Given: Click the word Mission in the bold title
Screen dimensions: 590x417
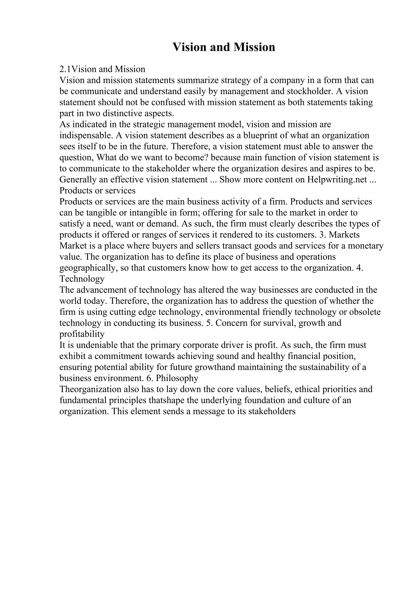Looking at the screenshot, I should point(254,47).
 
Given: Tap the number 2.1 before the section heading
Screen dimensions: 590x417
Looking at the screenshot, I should point(65,69).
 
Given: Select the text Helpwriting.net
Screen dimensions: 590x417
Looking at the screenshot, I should point(337,180).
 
